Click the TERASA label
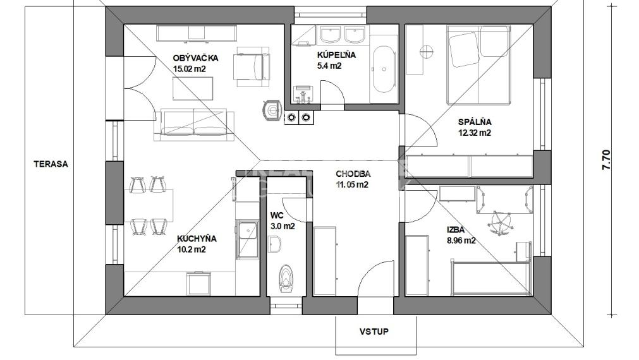[x=51, y=164]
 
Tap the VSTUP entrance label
[x=374, y=332]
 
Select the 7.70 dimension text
[x=606, y=160]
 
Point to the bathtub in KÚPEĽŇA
[x=384, y=69]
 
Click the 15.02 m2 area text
[x=190, y=69]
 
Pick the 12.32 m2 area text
[x=475, y=133]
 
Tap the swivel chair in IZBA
[x=500, y=223]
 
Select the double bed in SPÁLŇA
[x=478, y=65]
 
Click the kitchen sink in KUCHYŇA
[x=247, y=240]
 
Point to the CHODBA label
[x=353, y=174]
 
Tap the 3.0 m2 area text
[x=283, y=227]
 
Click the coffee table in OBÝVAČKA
[x=193, y=88]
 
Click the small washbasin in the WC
[x=275, y=245]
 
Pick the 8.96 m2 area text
[x=461, y=240]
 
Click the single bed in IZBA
[x=490, y=279]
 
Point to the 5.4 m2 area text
[x=329, y=66]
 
